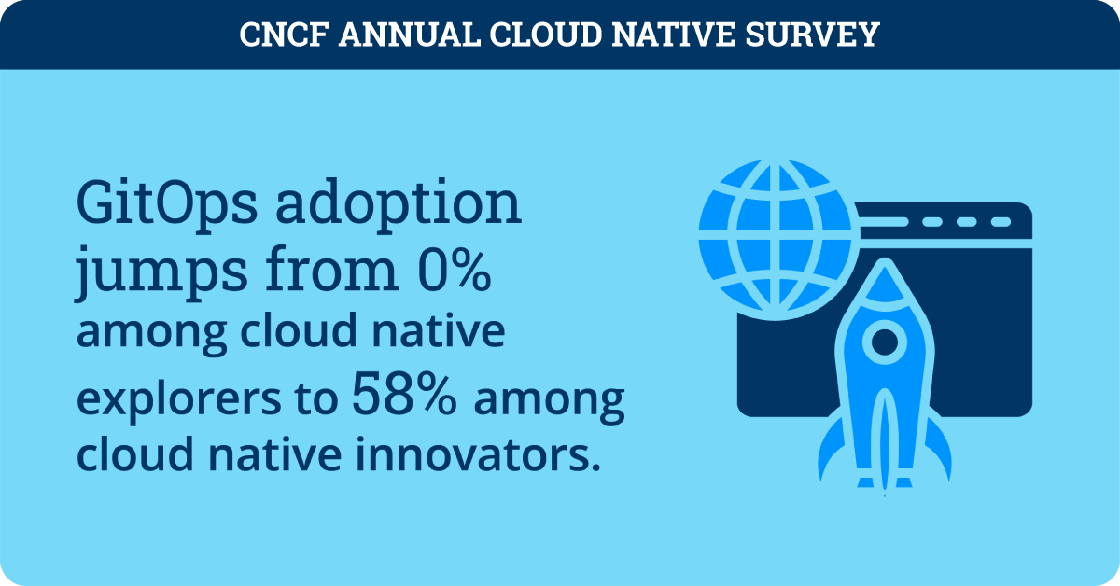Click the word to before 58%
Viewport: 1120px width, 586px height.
coord(317,400)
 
